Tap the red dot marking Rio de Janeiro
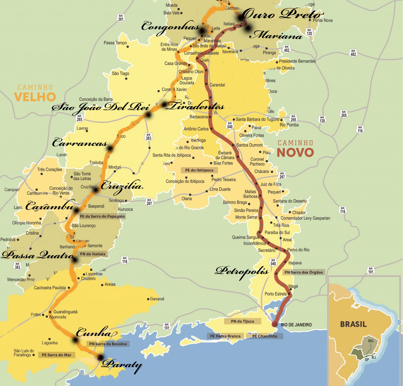click(275, 324)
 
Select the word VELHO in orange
click(35, 97)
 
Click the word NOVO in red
click(295, 152)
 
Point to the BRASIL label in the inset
click(353, 324)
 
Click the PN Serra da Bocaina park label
click(108, 344)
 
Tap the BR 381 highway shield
click(121, 18)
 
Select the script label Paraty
click(122, 365)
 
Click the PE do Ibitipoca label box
click(199, 170)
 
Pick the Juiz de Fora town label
click(271, 184)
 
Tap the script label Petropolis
click(242, 271)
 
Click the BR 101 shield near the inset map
click(371, 270)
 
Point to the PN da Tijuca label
click(242, 321)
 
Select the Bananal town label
click(157, 299)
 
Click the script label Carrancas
click(80, 143)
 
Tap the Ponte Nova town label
click(322, 20)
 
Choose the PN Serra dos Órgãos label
click(304, 272)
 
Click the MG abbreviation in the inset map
click(371, 341)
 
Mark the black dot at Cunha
click(75, 340)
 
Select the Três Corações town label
click(49, 169)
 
